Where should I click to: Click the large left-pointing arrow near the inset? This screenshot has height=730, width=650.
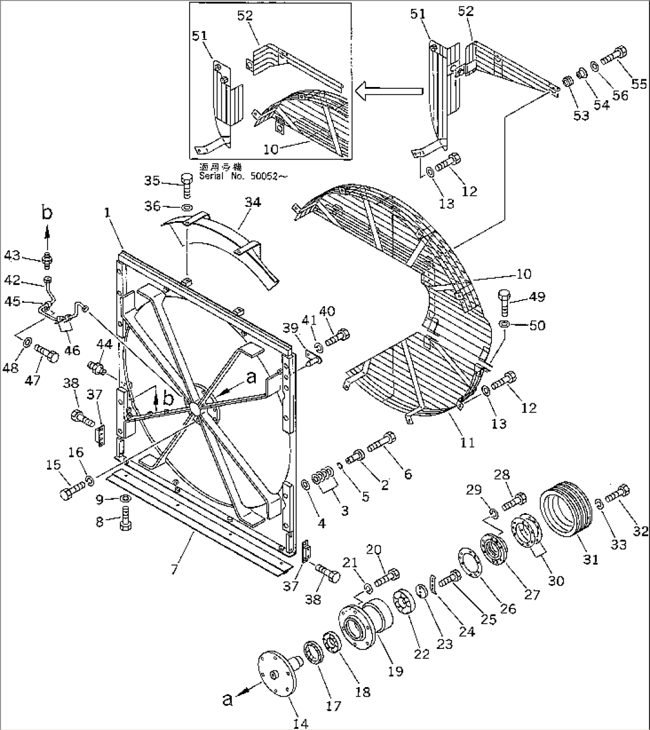[x=388, y=91]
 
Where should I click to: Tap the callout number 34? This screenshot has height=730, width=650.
[x=252, y=203]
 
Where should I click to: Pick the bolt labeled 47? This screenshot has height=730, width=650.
[x=47, y=354]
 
